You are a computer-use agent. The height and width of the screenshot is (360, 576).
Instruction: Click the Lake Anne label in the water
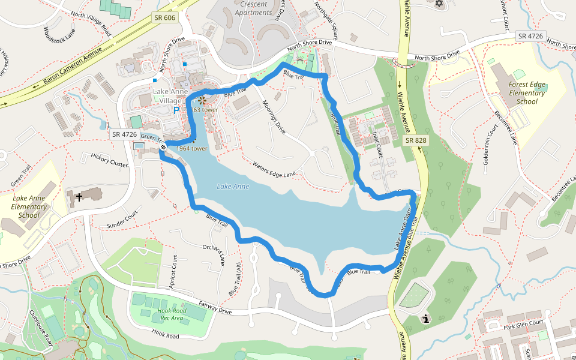(233, 187)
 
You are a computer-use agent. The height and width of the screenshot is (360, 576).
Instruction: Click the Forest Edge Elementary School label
(527, 93)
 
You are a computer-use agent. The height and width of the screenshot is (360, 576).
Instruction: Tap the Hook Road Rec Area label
(173, 314)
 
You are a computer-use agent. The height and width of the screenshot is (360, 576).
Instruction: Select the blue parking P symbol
(176, 110)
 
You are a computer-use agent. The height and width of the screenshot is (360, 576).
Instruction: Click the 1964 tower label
(192, 148)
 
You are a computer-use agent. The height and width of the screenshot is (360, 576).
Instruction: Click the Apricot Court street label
(173, 272)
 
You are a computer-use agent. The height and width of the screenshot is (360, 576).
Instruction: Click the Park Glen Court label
(523, 324)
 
